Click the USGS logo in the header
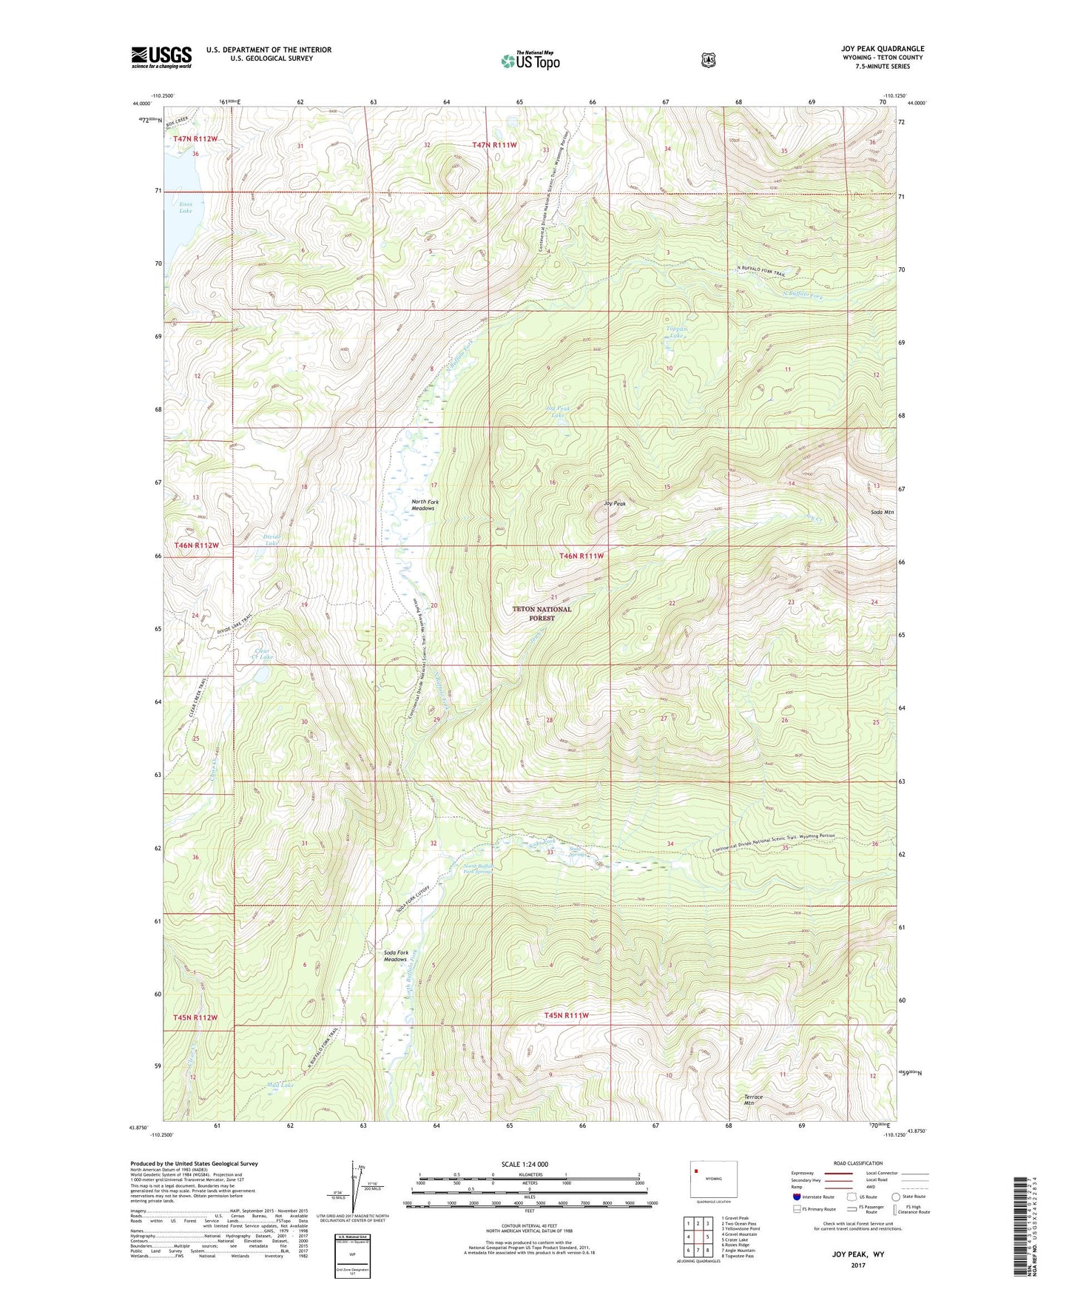click(x=161, y=56)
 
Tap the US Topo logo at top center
click(x=530, y=61)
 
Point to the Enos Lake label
click(x=185, y=207)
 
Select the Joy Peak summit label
click(x=615, y=503)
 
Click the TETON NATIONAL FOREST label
click(x=542, y=613)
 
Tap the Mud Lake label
click(x=280, y=1085)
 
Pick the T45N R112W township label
click(x=196, y=1017)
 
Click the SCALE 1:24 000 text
click(x=525, y=1164)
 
